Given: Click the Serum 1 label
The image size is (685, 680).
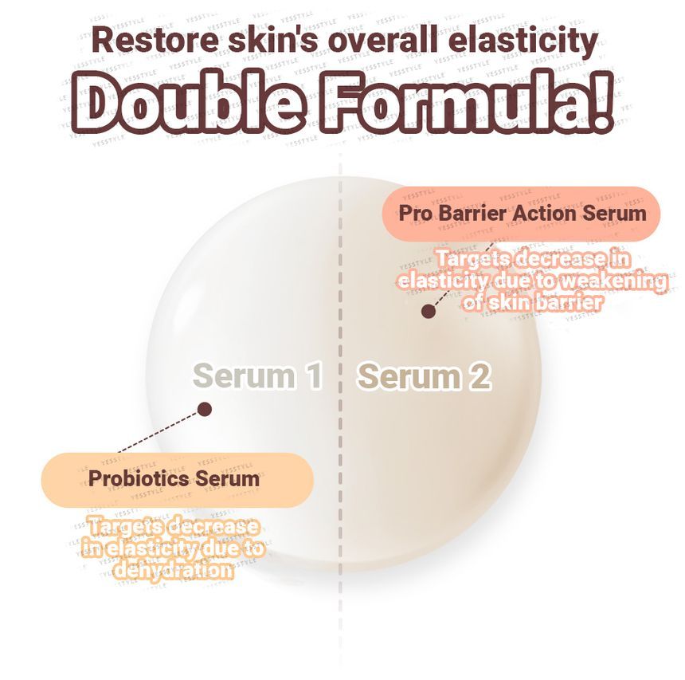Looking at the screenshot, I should (x=257, y=375).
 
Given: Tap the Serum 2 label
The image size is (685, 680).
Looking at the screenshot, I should (x=423, y=376).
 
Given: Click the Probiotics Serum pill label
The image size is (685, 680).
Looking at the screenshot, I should (x=175, y=478).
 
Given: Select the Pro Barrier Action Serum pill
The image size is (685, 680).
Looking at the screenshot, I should (x=522, y=213).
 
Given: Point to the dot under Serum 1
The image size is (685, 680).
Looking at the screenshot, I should (x=205, y=409).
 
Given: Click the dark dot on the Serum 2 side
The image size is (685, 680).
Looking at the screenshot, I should (x=429, y=312).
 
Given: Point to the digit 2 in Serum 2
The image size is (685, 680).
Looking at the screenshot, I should (x=479, y=376).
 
